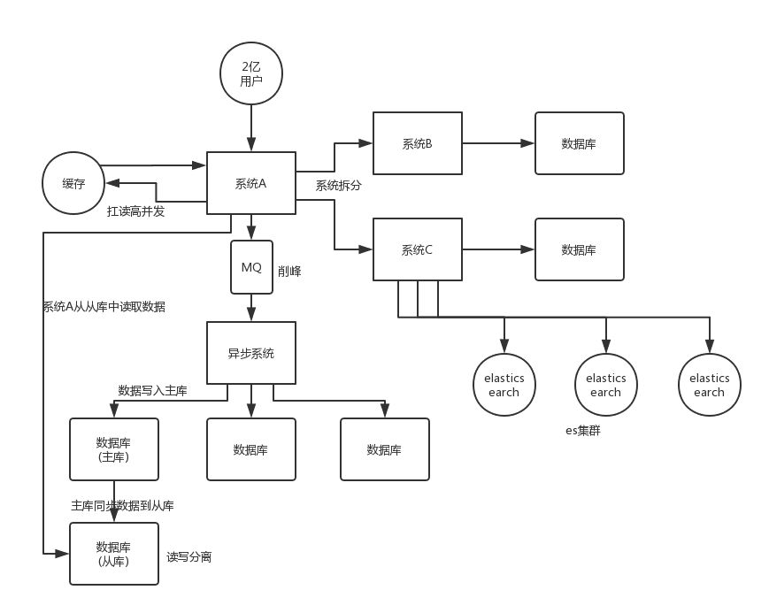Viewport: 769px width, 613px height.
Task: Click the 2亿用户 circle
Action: (251, 73)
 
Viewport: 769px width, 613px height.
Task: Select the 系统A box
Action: (251, 183)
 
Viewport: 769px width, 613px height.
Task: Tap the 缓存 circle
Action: (73, 183)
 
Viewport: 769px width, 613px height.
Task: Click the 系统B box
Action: (418, 143)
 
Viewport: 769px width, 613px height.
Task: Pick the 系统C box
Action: (418, 249)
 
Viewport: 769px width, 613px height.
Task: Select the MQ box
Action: (251, 267)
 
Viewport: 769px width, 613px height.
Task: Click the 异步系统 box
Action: (251, 353)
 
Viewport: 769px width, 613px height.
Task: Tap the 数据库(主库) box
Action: (114, 449)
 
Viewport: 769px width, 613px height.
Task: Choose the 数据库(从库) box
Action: (114, 554)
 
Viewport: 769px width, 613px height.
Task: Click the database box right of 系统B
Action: (580, 143)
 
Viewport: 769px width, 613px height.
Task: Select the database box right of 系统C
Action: (580, 249)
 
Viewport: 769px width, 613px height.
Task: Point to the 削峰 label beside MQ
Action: (289, 272)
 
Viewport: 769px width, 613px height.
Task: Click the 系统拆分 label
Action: (338, 186)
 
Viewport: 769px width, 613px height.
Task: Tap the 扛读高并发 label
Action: (136, 211)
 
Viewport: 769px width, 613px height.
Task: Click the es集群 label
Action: (582, 431)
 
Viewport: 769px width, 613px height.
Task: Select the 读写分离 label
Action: (188, 557)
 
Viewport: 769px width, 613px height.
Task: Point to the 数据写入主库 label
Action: (152, 391)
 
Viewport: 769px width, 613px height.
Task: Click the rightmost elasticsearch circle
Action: (710, 385)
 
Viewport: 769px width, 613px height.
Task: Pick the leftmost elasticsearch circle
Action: (504, 385)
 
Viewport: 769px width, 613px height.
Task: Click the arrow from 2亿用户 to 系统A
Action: (251, 128)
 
